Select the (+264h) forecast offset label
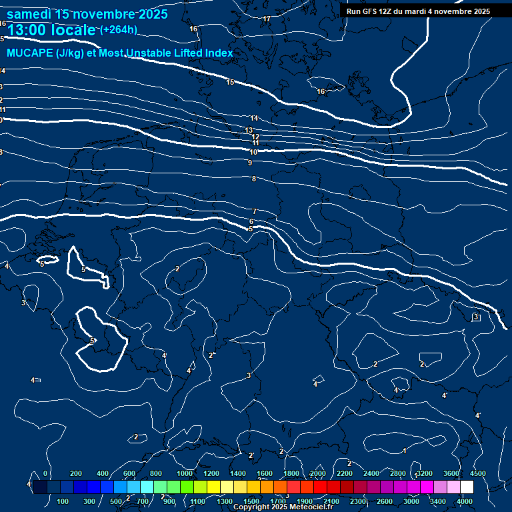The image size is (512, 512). [118, 29]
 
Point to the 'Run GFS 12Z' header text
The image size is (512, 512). [373, 11]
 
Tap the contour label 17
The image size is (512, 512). [267, 19]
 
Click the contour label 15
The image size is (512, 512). [230, 82]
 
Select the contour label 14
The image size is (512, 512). [254, 119]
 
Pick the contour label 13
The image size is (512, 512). [249, 130]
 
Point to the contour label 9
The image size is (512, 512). [250, 163]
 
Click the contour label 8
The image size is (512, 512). [254, 179]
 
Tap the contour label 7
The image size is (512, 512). [255, 211]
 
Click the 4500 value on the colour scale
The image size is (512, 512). [478, 473]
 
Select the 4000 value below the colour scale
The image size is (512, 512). [465, 501]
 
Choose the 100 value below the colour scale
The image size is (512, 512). [63, 501]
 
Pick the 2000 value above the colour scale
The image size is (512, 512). [318, 473]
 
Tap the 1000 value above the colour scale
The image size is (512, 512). [184, 473]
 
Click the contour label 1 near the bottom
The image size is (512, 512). [405, 451]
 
